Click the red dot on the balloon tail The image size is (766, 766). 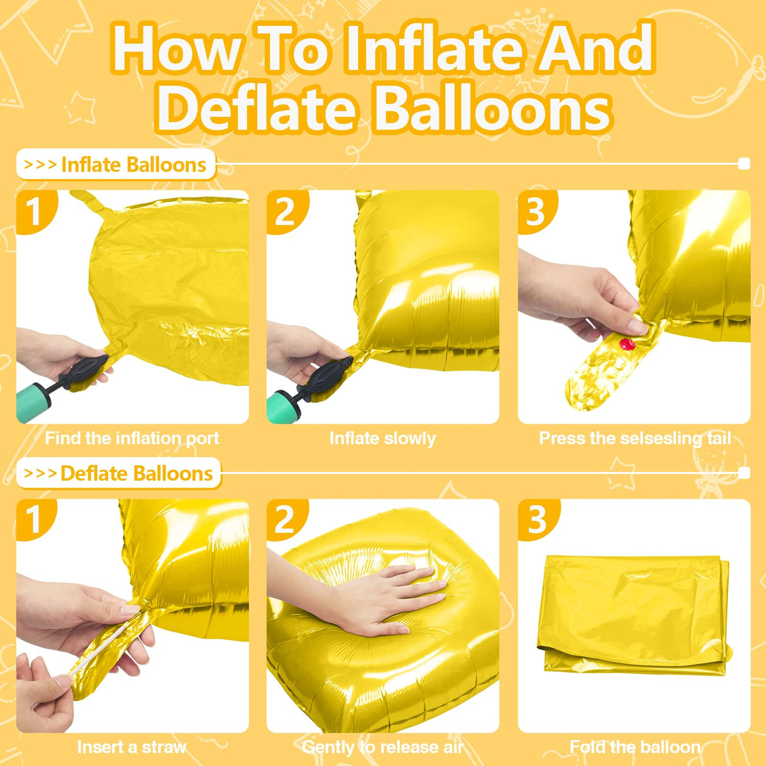coord(627,344)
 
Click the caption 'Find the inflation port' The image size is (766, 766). coord(132,438)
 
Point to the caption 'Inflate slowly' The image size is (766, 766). coord(382,439)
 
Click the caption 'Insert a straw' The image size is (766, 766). coord(131,747)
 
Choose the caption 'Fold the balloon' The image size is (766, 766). coord(635,747)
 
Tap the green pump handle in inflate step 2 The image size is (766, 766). coord(283,405)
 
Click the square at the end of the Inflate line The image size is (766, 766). coord(744,164)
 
